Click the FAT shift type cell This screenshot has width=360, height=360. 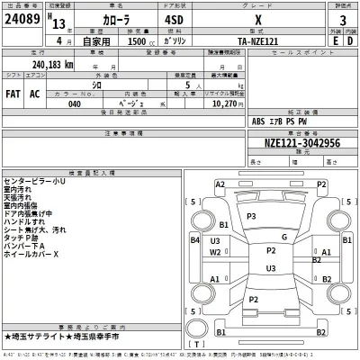click(14, 93)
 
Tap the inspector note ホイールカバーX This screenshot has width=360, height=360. click(31, 254)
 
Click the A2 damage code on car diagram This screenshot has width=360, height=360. click(220, 184)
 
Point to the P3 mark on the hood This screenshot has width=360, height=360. click(251, 217)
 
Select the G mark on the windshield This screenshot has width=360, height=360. click(283, 237)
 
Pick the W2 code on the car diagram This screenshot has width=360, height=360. click(216, 252)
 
